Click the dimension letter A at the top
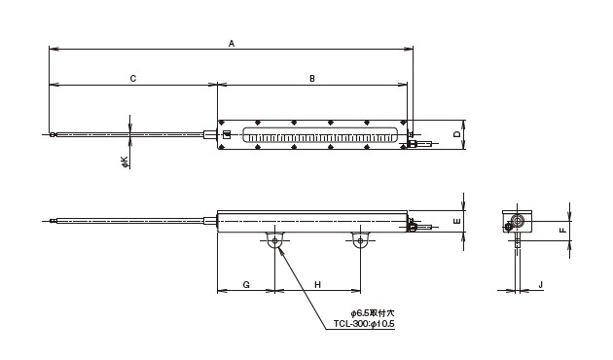[x=232, y=44]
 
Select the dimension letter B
[x=312, y=79]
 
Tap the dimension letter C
[x=133, y=79]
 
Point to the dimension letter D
[x=457, y=134]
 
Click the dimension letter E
[x=457, y=221]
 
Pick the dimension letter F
[x=563, y=230]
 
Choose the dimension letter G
[x=246, y=284]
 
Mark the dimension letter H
[x=317, y=284]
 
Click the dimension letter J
[x=541, y=285]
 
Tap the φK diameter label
[x=125, y=162]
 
